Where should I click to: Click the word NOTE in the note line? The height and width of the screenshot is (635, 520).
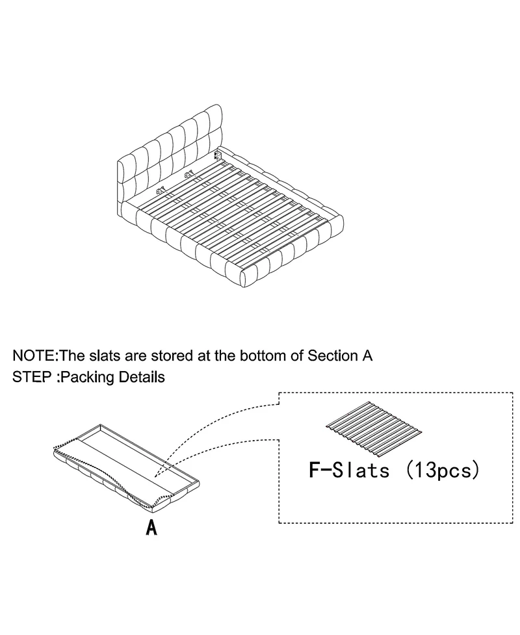[x=34, y=356]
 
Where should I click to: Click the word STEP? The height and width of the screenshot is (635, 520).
[x=32, y=377]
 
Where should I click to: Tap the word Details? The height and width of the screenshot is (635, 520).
[x=142, y=377]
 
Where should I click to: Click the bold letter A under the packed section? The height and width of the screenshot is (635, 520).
[x=151, y=527]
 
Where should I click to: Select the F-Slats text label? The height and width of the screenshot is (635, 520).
[x=349, y=470]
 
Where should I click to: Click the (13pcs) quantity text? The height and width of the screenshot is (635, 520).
[x=443, y=470]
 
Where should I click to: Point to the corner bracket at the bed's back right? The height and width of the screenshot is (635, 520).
[x=218, y=155]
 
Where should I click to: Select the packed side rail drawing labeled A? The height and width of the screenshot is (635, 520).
[x=126, y=467]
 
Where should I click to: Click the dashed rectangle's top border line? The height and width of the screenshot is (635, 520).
[x=396, y=393]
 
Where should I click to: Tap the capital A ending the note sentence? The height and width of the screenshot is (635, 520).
[x=365, y=356]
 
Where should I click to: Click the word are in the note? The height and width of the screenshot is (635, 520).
[x=137, y=356]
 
